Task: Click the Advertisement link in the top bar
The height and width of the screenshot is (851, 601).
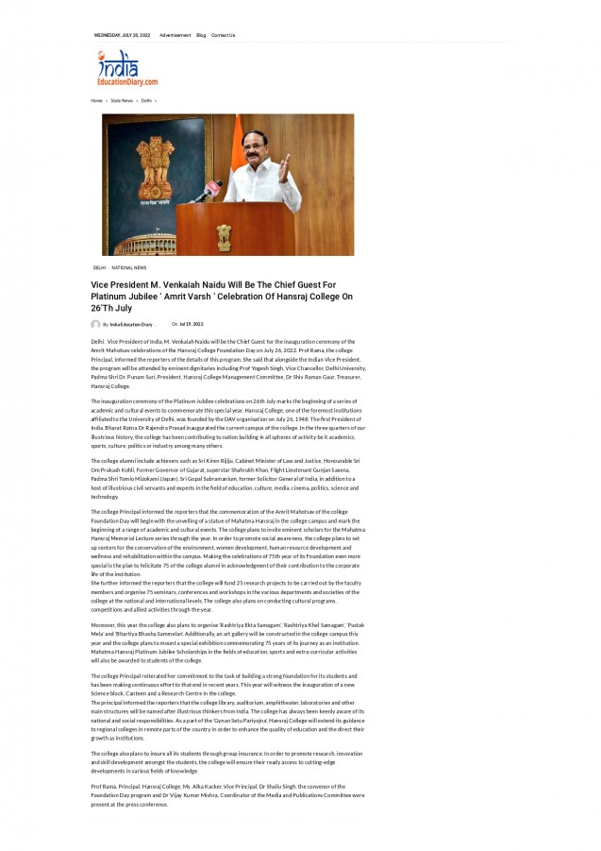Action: [x=175, y=35]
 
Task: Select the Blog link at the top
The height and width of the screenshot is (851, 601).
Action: [x=201, y=35]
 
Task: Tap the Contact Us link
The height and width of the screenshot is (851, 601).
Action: [x=223, y=35]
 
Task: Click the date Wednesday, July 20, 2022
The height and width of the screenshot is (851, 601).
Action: [x=122, y=35]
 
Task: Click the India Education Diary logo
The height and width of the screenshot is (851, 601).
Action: [x=125, y=69]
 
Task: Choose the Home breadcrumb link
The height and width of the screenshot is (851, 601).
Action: [x=96, y=100]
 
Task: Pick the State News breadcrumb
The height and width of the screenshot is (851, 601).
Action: [x=122, y=100]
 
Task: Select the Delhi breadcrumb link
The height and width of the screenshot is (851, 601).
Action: [x=146, y=100]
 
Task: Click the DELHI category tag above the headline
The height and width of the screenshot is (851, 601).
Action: [x=99, y=267]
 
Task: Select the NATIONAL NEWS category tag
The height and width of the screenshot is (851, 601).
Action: [x=128, y=267]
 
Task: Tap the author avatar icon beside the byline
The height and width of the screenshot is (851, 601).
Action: [x=96, y=324]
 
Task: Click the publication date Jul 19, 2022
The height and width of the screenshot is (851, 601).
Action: [x=192, y=324]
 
